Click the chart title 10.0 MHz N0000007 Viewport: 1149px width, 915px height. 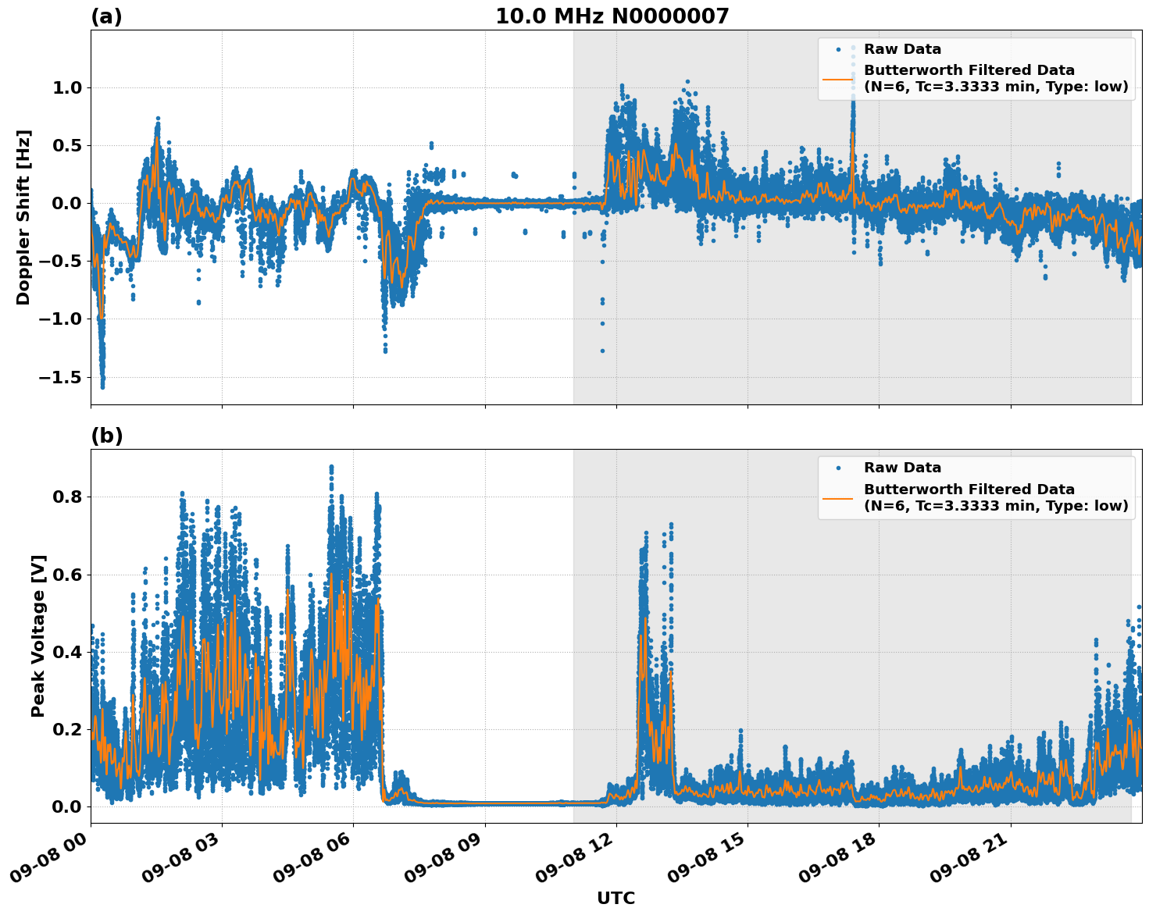pyautogui.click(x=612, y=16)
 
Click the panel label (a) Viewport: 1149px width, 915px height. pyautogui.click(x=106, y=16)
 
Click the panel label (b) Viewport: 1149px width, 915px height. pyautogui.click(x=106, y=436)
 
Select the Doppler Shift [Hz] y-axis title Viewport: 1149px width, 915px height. pyautogui.click(x=23, y=217)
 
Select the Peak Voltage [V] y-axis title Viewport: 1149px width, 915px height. pyautogui.click(x=38, y=636)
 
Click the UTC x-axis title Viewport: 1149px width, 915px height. pyautogui.click(x=616, y=898)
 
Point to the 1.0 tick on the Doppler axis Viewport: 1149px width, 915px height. pyautogui.click(x=67, y=87)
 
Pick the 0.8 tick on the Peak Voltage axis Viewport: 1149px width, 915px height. pyautogui.click(x=67, y=497)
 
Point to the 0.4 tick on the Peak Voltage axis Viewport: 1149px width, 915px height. pyautogui.click(x=67, y=652)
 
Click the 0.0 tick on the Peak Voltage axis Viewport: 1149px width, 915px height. pyautogui.click(x=67, y=806)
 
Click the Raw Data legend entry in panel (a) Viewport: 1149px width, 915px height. pyautogui.click(x=902, y=49)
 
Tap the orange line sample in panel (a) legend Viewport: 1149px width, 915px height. pyautogui.click(x=837, y=79)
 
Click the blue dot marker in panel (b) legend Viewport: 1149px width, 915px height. pyautogui.click(x=838, y=468)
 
